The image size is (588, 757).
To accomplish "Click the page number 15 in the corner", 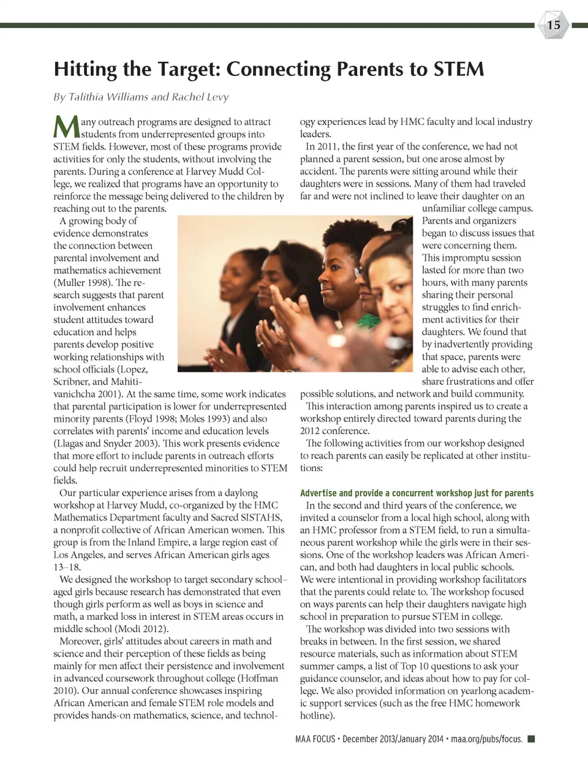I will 554,25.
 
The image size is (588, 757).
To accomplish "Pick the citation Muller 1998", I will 89,283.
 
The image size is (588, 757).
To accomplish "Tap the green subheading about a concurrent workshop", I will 417,493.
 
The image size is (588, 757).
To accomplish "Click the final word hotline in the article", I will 315,715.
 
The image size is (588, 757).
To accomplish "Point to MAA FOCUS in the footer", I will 315,739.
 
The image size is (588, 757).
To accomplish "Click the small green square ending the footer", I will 531,739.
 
